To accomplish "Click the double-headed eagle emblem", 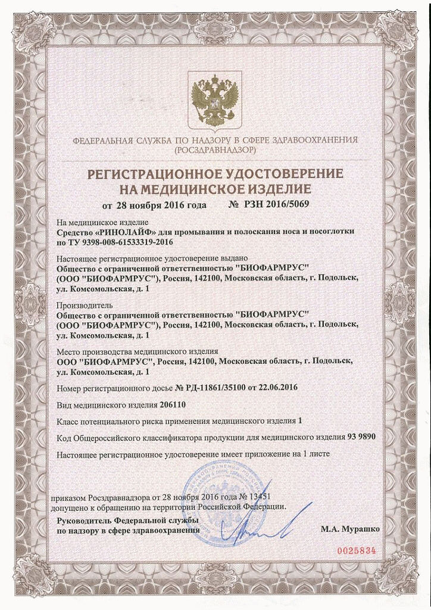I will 214,99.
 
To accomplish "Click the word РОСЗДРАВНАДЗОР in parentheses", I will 215,151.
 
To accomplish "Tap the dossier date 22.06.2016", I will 277,387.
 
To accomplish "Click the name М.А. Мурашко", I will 349,528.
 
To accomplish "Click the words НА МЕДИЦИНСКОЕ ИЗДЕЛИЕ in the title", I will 215,190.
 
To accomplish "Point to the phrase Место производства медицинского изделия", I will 138,351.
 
